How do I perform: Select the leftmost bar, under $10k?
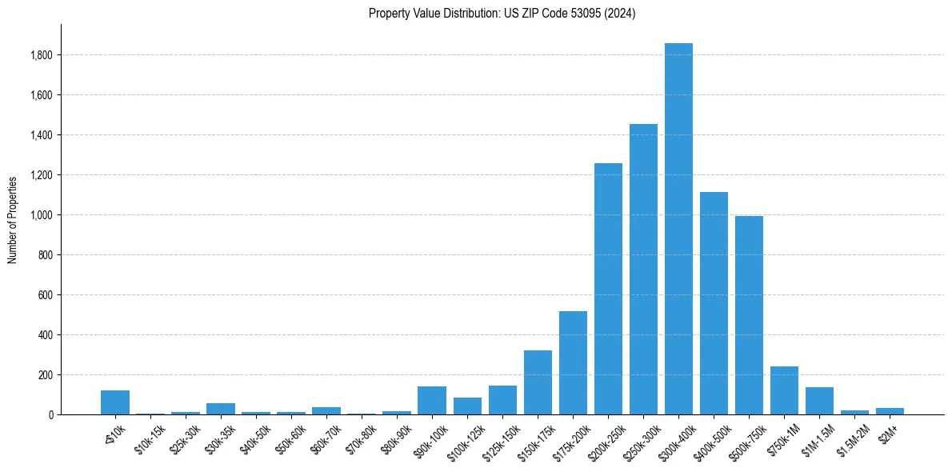[115, 402]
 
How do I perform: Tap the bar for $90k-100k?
[432, 400]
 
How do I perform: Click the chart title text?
[502, 14]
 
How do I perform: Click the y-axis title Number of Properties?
[13, 219]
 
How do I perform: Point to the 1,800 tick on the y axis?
[42, 55]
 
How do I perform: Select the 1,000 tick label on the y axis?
[42, 215]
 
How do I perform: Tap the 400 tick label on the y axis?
[46, 335]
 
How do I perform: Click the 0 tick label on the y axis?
[51, 415]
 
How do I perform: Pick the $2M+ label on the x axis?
[886, 432]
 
